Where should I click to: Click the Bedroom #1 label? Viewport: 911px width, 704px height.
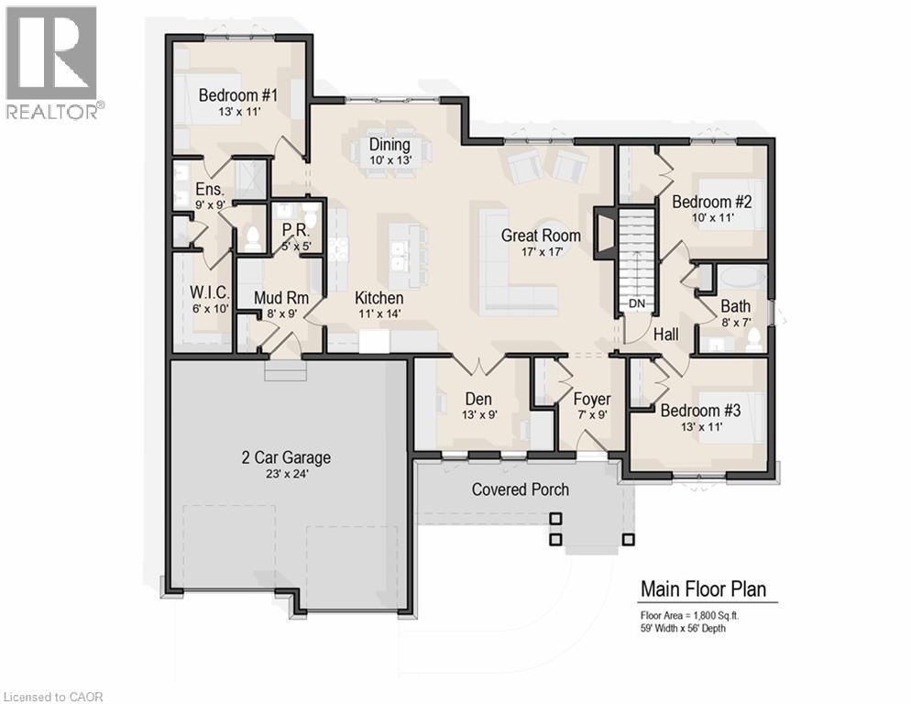click(237, 94)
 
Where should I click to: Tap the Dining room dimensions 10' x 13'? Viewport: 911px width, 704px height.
click(389, 160)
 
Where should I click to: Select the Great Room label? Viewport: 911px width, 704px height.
click(540, 236)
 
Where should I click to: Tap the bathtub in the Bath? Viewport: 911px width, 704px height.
click(743, 278)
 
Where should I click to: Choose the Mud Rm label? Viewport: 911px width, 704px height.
click(280, 298)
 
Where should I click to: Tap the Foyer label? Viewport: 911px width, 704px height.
click(592, 400)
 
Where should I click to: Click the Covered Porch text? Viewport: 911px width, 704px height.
click(520, 489)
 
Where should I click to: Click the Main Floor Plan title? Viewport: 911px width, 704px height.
click(703, 588)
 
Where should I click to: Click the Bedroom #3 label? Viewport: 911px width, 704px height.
click(700, 410)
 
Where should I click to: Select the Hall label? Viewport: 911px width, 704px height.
click(666, 335)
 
